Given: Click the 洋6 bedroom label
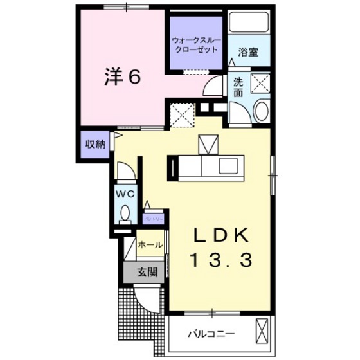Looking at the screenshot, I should (x=122, y=76).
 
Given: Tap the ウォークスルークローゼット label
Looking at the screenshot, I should (x=196, y=46).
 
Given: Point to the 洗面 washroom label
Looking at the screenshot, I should (x=239, y=87).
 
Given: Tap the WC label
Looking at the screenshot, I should (x=125, y=193).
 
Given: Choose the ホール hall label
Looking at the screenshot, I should (x=150, y=245).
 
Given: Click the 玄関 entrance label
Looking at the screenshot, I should (x=147, y=272).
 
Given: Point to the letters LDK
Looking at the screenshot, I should (x=219, y=234).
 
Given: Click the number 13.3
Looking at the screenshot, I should (x=219, y=260).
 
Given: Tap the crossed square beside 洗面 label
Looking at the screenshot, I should (x=260, y=82).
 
